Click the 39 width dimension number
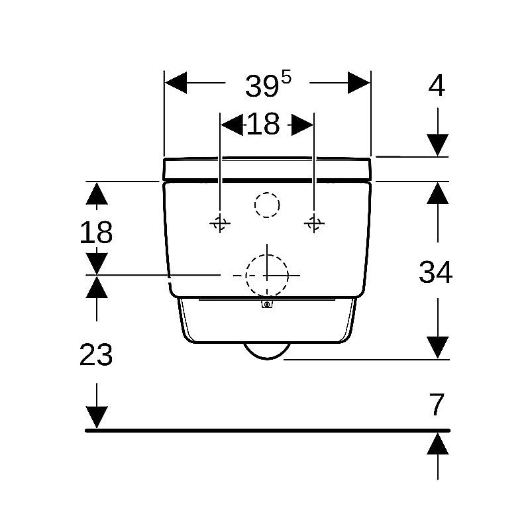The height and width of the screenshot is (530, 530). [x=262, y=87]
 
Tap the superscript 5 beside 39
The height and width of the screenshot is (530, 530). [x=286, y=78]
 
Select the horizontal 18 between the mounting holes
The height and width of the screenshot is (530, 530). [x=263, y=124]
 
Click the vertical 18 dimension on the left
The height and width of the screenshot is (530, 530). [x=96, y=233]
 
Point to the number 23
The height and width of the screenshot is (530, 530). [x=96, y=354]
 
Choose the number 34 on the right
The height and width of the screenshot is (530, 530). [x=435, y=272]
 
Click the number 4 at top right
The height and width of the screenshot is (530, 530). [x=437, y=85]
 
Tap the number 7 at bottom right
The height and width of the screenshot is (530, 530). [x=437, y=404]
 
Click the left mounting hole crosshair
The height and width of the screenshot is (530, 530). [x=220, y=223]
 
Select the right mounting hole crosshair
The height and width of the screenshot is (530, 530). [x=314, y=223]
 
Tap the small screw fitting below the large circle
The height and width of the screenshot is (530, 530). [x=267, y=304]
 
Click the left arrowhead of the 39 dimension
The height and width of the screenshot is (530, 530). [x=176, y=82]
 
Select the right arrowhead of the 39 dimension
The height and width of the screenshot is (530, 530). [x=359, y=82]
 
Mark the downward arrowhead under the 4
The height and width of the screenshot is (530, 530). [x=437, y=145]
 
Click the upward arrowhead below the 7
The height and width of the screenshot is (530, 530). [x=437, y=443]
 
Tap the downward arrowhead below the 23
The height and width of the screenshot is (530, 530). [x=97, y=417]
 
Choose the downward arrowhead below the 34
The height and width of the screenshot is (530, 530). [x=437, y=348]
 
